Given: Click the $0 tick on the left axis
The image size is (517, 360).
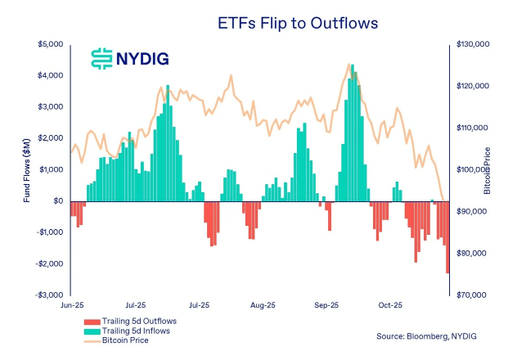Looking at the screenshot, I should (57, 200).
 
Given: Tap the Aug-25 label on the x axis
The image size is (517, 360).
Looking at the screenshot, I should (262, 306).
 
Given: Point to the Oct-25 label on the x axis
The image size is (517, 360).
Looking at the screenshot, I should (389, 306).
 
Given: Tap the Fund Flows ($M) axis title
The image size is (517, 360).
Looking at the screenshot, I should (27, 169).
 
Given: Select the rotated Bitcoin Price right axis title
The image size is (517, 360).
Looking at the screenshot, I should (488, 169).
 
